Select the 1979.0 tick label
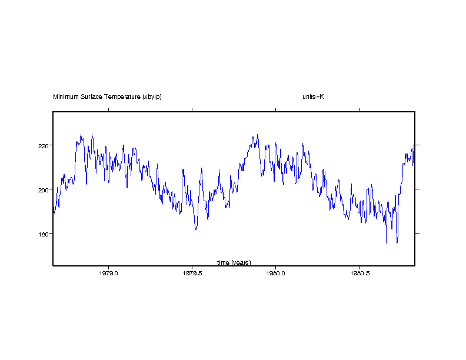(x=109, y=273)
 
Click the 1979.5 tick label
(x=192, y=273)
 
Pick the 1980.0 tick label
(x=276, y=273)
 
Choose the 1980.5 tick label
(x=360, y=273)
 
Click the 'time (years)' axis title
(x=234, y=262)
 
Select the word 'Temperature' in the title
(x=122, y=96)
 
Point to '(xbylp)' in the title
(x=152, y=96)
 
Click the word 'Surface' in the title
(x=91, y=96)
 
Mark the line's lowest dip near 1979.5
(x=196, y=229)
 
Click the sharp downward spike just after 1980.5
(x=386, y=242)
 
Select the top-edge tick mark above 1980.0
(x=276, y=109)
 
